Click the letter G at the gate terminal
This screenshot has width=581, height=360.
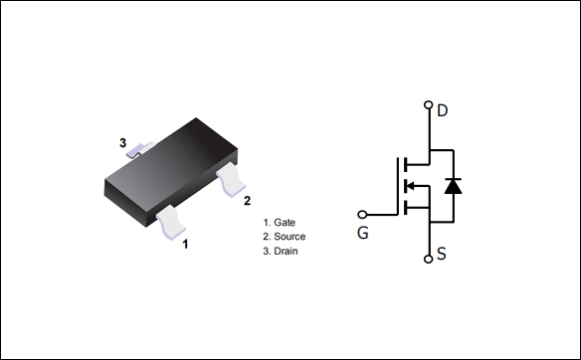pyautogui.click(x=363, y=235)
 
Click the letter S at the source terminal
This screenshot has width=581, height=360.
pyautogui.click(x=442, y=255)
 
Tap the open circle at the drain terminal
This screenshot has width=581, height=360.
pyautogui.click(x=429, y=104)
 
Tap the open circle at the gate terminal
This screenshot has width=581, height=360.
pyautogui.click(x=362, y=214)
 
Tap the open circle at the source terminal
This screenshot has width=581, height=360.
pyautogui.click(x=429, y=260)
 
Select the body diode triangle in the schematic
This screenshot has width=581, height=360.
pyautogui.click(x=453, y=185)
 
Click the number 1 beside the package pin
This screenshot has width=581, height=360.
pyautogui.click(x=185, y=242)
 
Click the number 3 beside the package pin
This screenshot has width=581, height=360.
pyautogui.click(x=123, y=143)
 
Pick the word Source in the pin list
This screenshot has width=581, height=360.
pyautogui.click(x=290, y=237)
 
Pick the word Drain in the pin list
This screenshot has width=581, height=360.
pyautogui.click(x=286, y=252)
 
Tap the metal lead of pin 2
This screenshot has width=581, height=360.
pyautogui.click(x=234, y=180)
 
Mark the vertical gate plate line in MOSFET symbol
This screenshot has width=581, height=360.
pyautogui.click(x=395, y=185)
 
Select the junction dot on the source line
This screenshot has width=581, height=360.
pyautogui.click(x=429, y=220)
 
